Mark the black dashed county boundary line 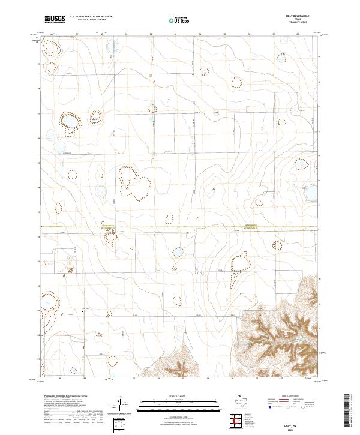pyautogui.click(x=180, y=227)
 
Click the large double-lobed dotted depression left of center pyautogui.click(x=134, y=182)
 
